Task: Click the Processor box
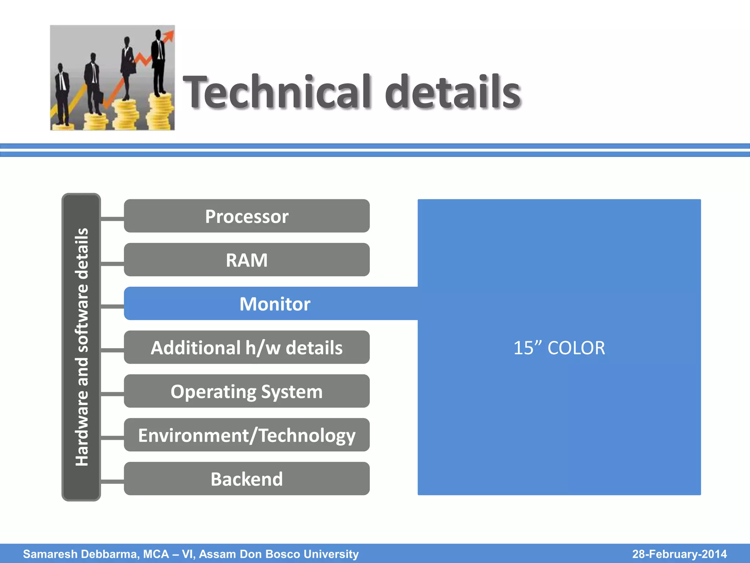(246, 216)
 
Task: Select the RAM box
(246, 260)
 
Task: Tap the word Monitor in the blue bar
(275, 304)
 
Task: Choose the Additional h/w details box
(246, 347)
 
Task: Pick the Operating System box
(246, 391)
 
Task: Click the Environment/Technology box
(246, 435)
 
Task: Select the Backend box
(246, 479)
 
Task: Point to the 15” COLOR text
(559, 348)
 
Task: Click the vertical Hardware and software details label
(81, 347)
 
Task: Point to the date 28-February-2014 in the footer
(679, 554)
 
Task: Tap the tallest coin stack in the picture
(160, 112)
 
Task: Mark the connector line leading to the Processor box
(112, 219)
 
